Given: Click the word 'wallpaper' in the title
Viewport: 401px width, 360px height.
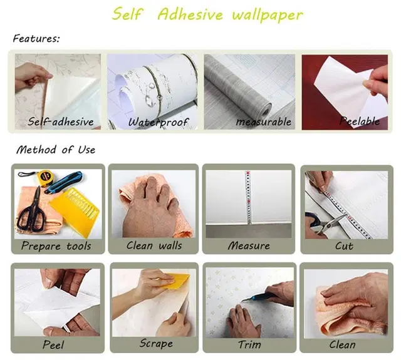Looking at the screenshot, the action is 268,15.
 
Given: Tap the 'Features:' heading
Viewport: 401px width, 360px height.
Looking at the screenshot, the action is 36,39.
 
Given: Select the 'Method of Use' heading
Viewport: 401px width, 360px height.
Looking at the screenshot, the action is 56,150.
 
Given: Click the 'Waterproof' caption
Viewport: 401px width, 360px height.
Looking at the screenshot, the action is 158,122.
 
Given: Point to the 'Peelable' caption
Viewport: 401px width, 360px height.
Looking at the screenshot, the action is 359,121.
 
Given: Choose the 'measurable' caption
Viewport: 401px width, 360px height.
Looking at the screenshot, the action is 263,121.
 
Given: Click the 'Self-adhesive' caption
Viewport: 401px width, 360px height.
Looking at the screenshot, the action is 61,121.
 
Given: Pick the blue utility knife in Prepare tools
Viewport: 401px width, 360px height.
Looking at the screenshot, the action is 64,182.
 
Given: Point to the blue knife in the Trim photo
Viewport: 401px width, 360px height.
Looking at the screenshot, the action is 258,294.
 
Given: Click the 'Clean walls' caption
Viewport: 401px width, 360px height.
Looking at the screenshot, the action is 154,245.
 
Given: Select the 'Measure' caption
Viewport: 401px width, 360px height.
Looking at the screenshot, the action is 249,246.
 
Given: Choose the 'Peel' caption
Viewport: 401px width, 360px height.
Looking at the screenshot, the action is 53,345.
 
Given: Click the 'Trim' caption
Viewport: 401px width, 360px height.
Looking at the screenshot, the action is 249,345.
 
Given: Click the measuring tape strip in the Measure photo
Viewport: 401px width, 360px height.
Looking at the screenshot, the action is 248,197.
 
